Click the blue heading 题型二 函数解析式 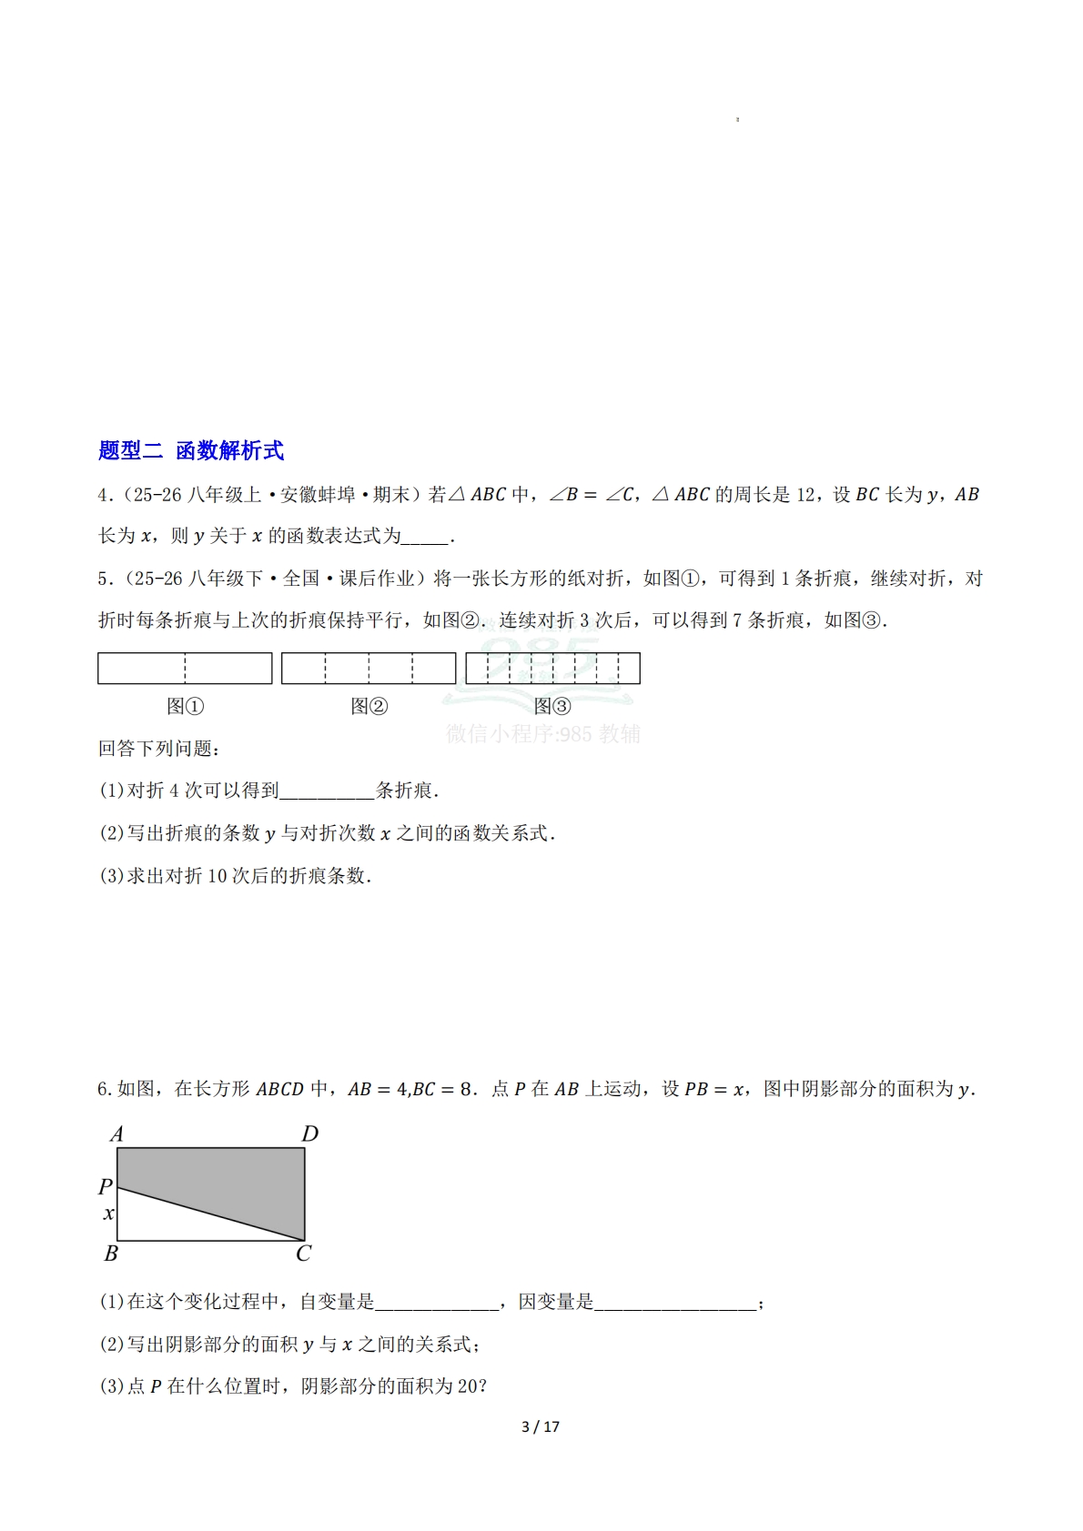(x=191, y=450)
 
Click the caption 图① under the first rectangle (x=185, y=707)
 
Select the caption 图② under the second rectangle (x=369, y=707)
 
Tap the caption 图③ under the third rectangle (x=552, y=707)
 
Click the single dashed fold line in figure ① (x=185, y=669)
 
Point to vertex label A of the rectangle (x=116, y=1134)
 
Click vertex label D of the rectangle (x=310, y=1134)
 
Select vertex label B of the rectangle (x=111, y=1254)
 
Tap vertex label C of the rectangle (x=303, y=1254)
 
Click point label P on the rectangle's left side (x=106, y=1186)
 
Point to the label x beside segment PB (x=109, y=1214)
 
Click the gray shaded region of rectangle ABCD (x=237, y=1178)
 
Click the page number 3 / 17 (x=541, y=1426)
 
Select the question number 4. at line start (x=104, y=495)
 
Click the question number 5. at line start (x=104, y=579)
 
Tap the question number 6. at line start (x=104, y=1090)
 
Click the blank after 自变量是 (x=437, y=1303)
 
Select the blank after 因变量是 (x=674, y=1303)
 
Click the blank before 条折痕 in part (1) (x=327, y=791)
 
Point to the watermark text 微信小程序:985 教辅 (x=543, y=734)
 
